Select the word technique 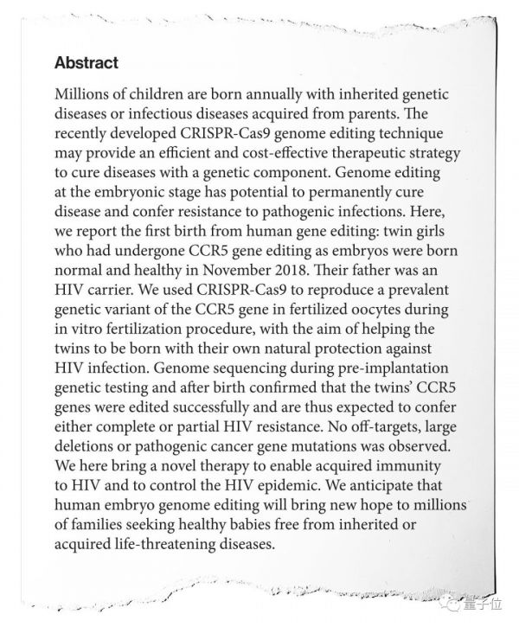click(410, 134)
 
